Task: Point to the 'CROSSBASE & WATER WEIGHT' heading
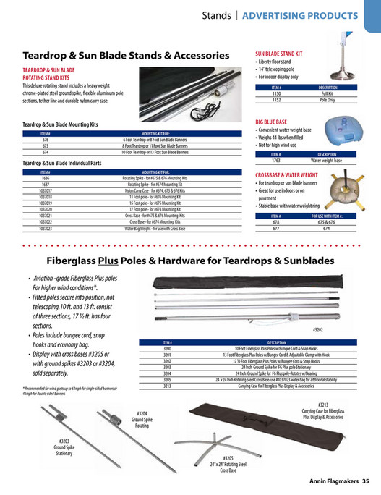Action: click(x=297, y=174)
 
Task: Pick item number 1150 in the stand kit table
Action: click(x=275, y=94)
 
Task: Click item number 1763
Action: click(x=275, y=159)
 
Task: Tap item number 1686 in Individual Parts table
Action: click(x=46, y=177)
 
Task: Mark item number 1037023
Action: click(x=46, y=229)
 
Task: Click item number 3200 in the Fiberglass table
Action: click(x=167, y=348)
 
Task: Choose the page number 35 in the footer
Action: click(x=366, y=481)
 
